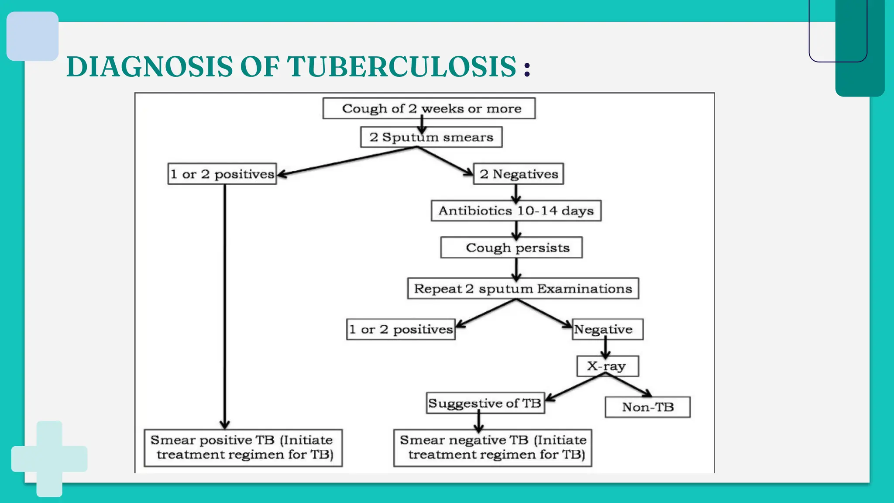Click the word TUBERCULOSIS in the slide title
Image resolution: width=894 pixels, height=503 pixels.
coord(401,67)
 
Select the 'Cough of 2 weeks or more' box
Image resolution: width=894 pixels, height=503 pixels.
coord(429,108)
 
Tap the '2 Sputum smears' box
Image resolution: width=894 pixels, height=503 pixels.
coord(431,137)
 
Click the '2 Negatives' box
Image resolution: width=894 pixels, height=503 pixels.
coord(519,174)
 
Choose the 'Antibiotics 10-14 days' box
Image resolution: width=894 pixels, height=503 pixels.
coord(516,211)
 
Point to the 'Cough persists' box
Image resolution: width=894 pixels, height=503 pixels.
coord(511,248)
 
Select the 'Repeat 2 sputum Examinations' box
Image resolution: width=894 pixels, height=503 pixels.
coord(523,289)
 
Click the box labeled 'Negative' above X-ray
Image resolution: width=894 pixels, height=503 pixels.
coord(608,329)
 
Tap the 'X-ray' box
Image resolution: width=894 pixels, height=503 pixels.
coord(608,366)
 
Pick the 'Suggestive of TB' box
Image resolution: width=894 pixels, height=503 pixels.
coord(485,403)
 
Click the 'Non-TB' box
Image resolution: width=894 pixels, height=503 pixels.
coord(648,407)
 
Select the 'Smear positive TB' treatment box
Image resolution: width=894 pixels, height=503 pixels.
coord(243,448)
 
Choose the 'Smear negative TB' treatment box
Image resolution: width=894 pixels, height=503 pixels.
coord(493,448)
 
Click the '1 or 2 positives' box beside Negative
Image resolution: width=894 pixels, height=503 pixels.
coord(401,329)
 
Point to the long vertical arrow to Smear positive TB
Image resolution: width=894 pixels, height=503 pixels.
coord(225,306)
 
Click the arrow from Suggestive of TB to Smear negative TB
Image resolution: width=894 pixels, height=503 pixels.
coord(479,421)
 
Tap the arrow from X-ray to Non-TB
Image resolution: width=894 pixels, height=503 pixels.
coord(629,386)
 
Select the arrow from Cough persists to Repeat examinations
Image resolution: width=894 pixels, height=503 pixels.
coord(516,269)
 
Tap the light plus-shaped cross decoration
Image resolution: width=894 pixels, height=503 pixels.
coord(49,458)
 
